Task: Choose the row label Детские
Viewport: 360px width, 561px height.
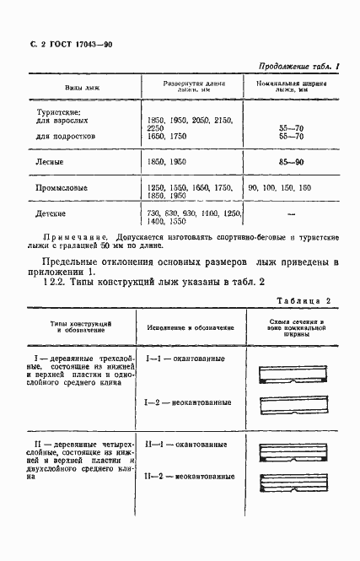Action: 51,213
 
